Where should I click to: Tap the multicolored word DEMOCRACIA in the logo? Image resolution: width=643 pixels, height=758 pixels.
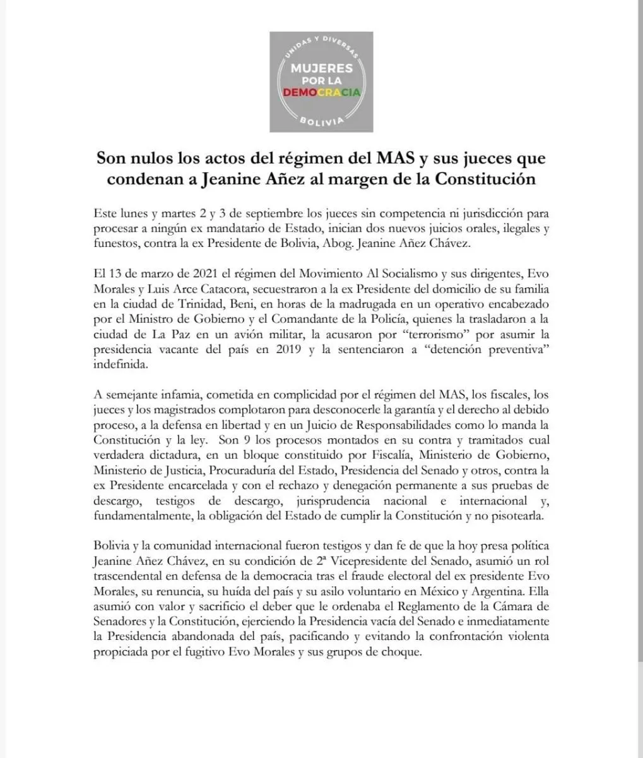[x=321, y=92]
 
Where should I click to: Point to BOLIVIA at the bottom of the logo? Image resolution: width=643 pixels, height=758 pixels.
[x=321, y=119]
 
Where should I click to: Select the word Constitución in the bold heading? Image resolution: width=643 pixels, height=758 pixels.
[x=482, y=179]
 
